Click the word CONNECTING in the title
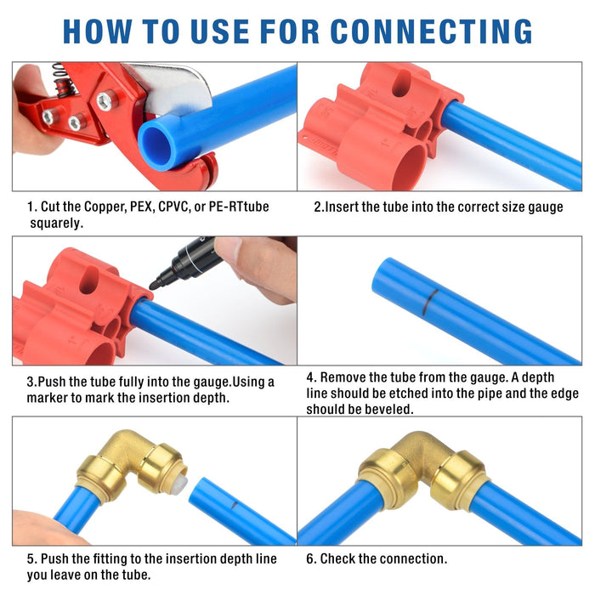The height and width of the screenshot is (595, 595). [x=431, y=31]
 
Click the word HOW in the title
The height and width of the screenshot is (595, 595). [x=98, y=31]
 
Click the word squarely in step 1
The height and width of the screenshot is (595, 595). [x=57, y=224]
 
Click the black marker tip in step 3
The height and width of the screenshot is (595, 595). [x=155, y=284]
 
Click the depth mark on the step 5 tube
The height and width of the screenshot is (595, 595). [x=235, y=505]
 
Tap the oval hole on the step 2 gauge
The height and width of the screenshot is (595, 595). [x=400, y=82]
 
